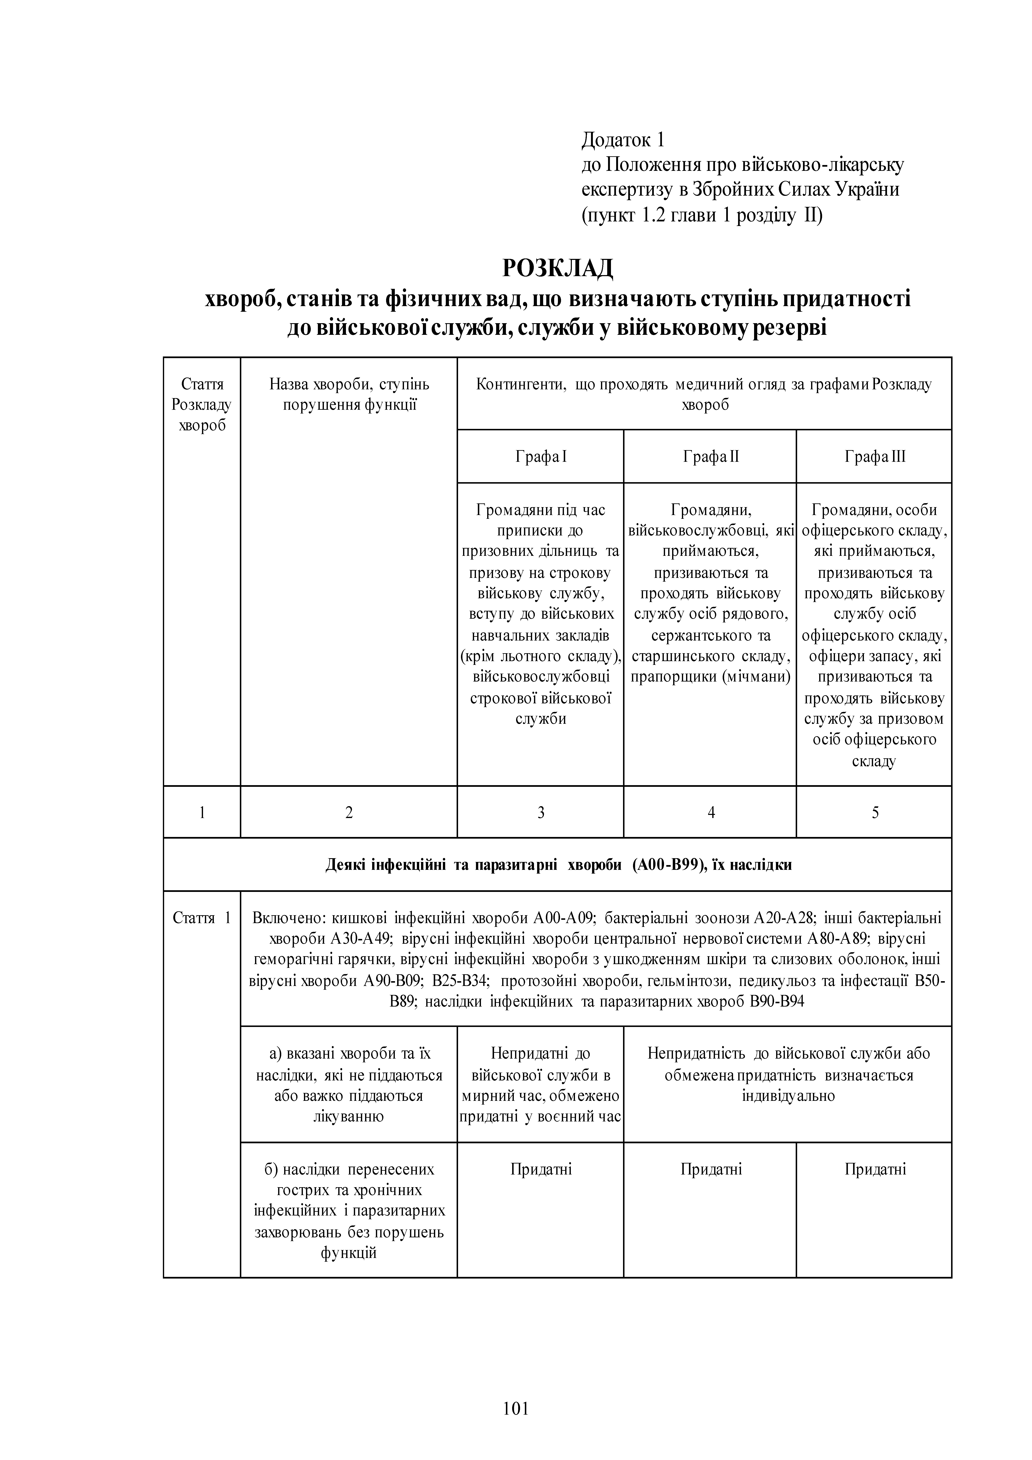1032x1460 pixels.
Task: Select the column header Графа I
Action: click(x=540, y=457)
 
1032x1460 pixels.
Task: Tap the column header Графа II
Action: click(x=710, y=457)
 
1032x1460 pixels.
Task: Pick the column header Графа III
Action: click(x=874, y=457)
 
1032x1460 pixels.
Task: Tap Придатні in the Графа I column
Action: click(x=540, y=1169)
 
